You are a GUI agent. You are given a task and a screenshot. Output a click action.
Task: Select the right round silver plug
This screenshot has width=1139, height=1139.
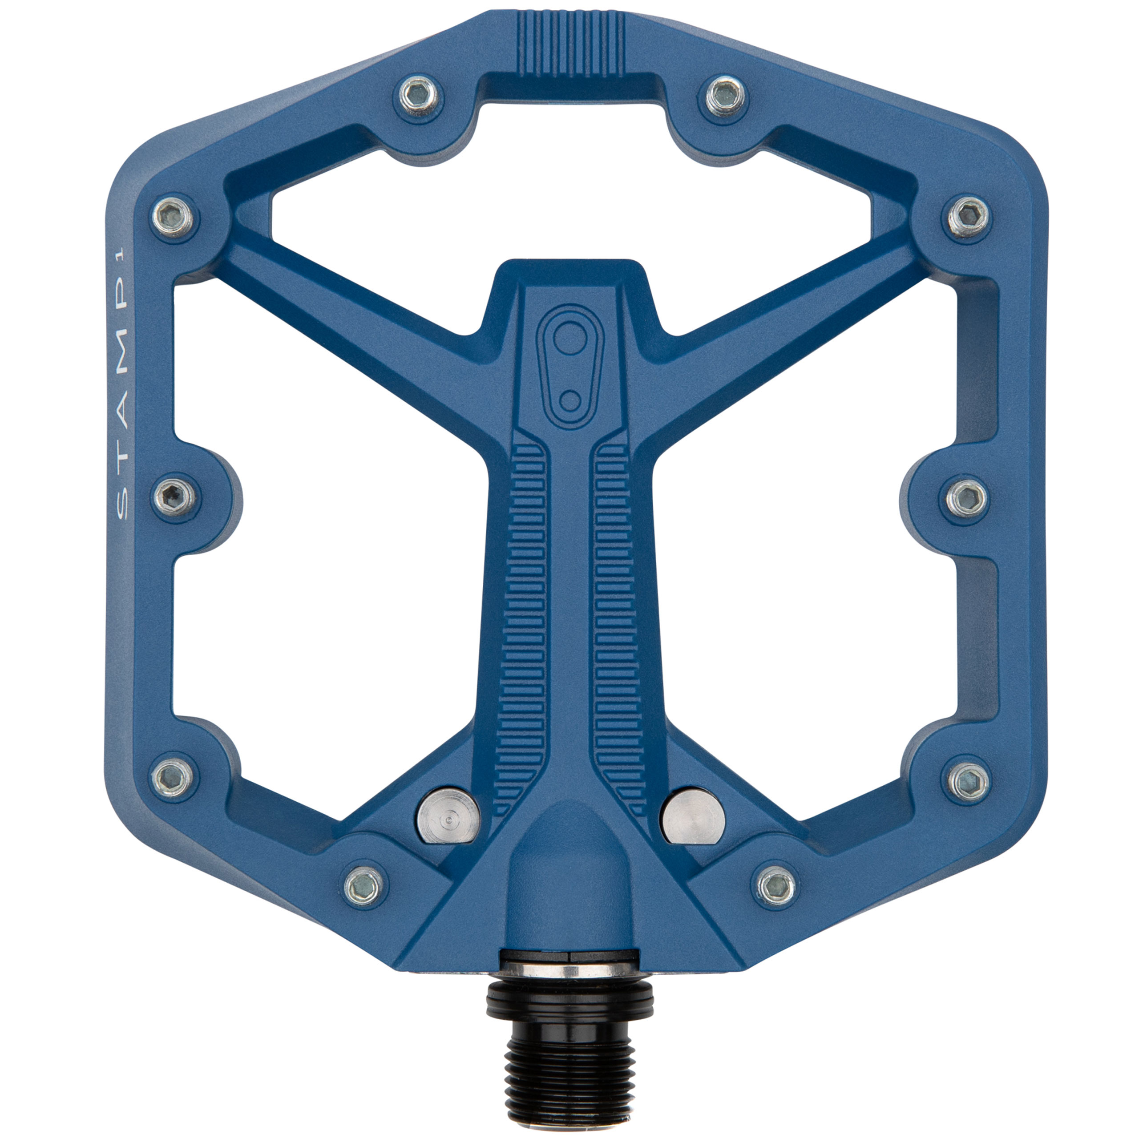pyautogui.click(x=693, y=816)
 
